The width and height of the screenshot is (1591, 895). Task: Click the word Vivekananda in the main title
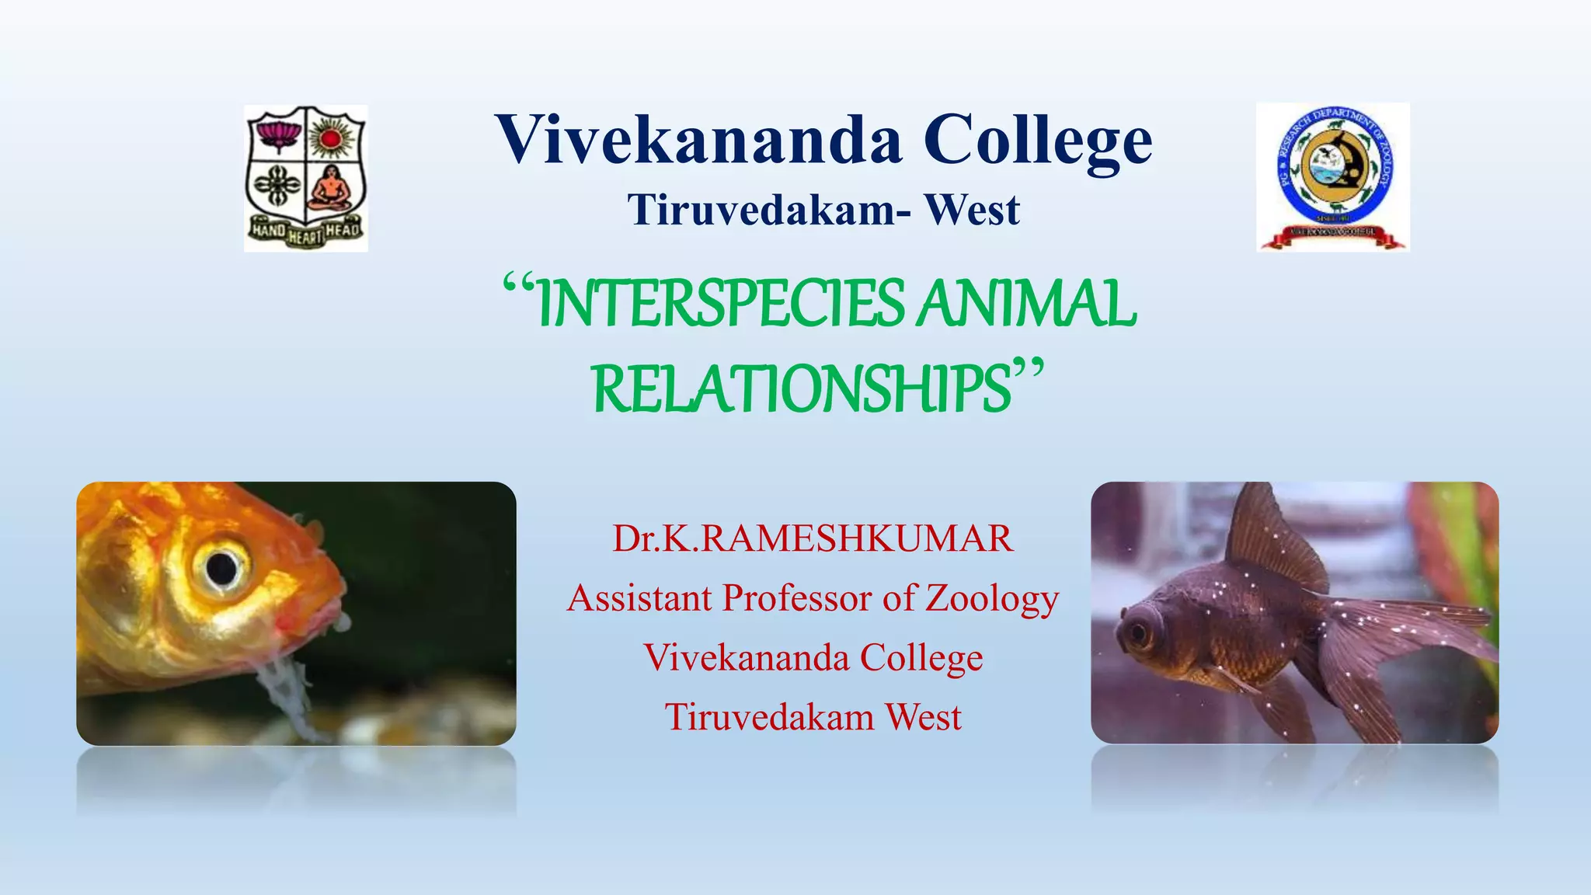699,140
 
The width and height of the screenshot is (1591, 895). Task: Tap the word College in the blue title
1038,141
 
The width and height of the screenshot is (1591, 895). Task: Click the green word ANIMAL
1025,304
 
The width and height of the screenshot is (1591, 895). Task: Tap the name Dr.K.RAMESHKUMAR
813,538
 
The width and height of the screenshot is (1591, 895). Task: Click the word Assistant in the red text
639,598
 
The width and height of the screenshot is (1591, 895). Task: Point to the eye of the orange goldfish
221,568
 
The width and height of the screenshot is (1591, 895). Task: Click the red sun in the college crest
332,138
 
